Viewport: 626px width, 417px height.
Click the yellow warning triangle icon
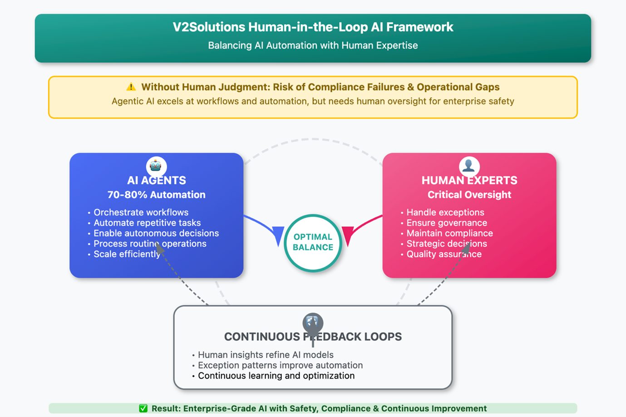tap(131, 87)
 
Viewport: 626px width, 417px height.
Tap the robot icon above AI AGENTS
tap(156, 166)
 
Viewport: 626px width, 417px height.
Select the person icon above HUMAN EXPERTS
tap(469, 166)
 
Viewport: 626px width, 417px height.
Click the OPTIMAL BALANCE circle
tap(313, 242)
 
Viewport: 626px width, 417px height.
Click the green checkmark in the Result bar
tap(143, 408)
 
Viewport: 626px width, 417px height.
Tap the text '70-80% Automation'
tap(156, 195)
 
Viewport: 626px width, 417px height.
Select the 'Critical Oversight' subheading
tap(469, 195)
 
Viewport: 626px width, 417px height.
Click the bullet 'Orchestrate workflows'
tap(141, 212)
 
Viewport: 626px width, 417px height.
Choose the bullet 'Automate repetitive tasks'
tap(147, 223)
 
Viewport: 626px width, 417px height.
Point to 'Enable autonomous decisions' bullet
tap(156, 233)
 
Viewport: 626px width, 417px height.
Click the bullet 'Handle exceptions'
tap(445, 212)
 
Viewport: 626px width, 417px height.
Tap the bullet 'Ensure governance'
tap(447, 223)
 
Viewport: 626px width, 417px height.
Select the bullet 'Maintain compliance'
tap(449, 233)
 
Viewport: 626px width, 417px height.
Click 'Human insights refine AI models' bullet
tap(266, 355)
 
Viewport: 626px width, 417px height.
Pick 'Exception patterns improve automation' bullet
tap(280, 365)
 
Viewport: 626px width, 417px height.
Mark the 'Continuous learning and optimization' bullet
tap(276, 376)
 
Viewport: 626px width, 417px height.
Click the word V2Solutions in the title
tap(209, 27)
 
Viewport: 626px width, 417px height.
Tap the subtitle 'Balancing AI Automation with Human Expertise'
tap(313, 45)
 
